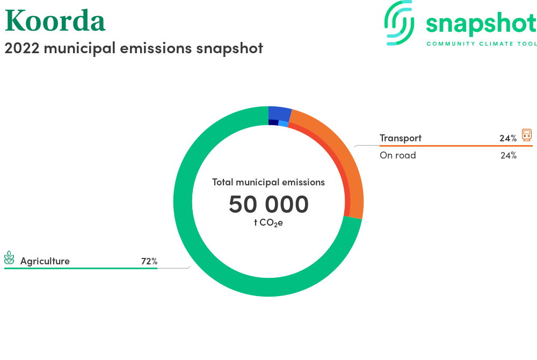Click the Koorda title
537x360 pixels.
tap(55, 21)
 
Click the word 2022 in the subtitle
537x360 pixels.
tap(22, 48)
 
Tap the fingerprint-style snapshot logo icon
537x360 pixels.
tap(399, 23)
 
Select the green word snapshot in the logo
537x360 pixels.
tap(481, 24)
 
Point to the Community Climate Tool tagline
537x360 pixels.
tap(482, 44)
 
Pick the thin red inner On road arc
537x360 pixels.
tap(336, 161)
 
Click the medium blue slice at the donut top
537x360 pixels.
tap(279, 113)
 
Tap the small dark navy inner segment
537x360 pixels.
tap(273, 123)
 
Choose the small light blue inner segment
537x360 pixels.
tap(284, 124)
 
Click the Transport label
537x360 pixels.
tap(401, 138)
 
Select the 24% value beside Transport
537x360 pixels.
tap(508, 139)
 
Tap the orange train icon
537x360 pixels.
tap(527, 135)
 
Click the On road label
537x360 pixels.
tap(397, 155)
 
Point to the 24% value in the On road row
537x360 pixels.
tap(508, 155)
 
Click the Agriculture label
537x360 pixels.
tap(45, 261)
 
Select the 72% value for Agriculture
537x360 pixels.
tap(149, 261)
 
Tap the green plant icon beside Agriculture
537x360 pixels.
tap(9, 257)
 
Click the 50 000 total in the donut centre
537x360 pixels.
tap(268, 204)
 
